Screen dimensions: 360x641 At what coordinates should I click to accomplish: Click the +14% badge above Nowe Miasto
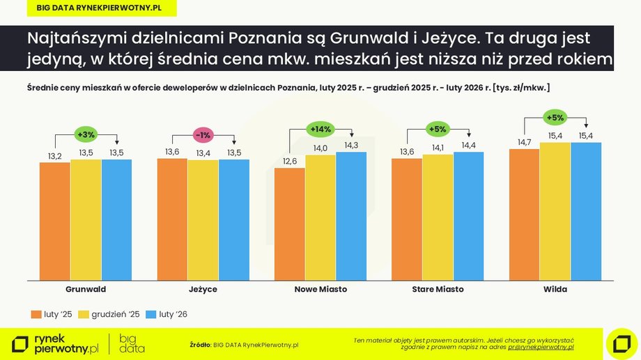[320, 129]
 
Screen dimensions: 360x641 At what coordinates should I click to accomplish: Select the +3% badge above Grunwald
[86, 134]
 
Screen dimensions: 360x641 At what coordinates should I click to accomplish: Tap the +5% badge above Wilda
[555, 117]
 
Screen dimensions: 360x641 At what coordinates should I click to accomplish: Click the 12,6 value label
[290, 162]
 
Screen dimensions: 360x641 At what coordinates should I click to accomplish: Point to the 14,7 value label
[524, 142]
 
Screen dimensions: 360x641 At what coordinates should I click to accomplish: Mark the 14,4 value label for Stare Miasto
[468, 146]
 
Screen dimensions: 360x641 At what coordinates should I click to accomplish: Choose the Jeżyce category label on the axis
[203, 289]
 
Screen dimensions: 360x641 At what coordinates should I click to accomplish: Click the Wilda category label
[555, 289]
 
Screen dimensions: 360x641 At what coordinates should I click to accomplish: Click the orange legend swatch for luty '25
[36, 315]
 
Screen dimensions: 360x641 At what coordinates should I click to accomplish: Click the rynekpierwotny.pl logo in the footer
[56, 343]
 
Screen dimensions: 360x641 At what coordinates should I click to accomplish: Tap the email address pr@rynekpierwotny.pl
[541, 346]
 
